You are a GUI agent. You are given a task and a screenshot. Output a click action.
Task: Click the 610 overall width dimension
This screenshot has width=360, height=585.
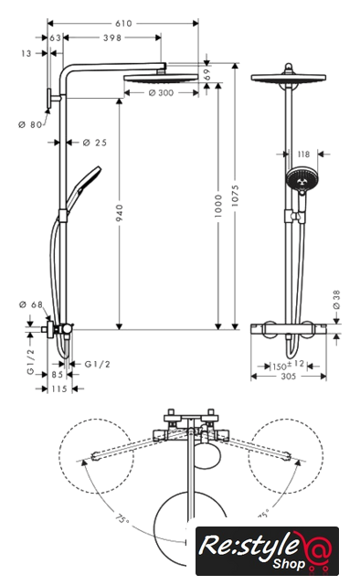pos(123,24)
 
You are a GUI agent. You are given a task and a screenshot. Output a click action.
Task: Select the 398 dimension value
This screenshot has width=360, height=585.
pos(112,37)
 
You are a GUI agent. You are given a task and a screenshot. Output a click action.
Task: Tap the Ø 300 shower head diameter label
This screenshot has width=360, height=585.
pos(161,92)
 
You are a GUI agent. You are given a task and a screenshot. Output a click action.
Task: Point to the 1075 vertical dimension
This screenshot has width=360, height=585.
pos(235,196)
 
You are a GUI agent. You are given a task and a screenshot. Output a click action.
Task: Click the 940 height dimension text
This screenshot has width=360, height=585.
pos(119,213)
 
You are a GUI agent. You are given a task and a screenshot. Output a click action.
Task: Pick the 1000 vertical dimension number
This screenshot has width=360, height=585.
pos(218,206)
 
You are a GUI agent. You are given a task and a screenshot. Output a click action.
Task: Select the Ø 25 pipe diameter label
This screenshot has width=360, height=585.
pos(95,143)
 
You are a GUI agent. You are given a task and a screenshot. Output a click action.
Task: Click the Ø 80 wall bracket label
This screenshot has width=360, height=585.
pos(30,124)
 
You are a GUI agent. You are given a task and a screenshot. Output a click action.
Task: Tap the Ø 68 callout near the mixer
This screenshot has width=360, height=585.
pos(30,304)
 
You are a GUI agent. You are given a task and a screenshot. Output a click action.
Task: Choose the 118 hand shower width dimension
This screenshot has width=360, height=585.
pos(303,154)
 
